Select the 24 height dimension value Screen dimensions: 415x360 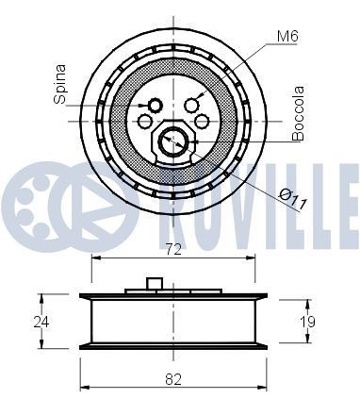click(x=40, y=322)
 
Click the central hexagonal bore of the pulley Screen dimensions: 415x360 click(x=172, y=141)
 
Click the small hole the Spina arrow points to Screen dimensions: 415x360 click(x=155, y=105)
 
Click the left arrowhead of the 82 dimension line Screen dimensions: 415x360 click(x=84, y=387)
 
